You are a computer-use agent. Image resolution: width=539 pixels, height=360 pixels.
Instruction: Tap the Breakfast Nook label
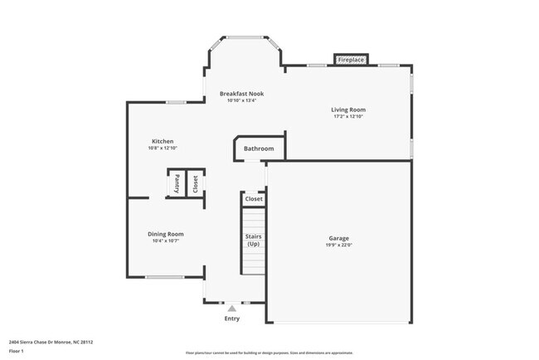[243, 94]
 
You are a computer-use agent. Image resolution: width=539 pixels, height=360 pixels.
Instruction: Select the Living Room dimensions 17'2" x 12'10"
[348, 117]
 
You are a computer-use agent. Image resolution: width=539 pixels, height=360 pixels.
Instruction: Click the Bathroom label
[259, 149]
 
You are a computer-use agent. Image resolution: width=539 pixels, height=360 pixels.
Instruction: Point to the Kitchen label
[163, 141]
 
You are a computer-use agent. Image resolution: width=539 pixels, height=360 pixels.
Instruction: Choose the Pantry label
[177, 184]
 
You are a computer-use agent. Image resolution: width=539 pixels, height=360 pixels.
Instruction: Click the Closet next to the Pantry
[196, 184]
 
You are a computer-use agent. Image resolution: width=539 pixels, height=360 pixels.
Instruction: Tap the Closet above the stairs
[254, 199]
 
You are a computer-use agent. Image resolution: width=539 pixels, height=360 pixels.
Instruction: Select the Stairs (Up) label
[253, 241]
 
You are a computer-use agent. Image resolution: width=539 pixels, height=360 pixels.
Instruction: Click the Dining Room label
[165, 234]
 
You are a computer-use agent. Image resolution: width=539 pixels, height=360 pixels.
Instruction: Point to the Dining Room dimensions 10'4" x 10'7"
[165, 241]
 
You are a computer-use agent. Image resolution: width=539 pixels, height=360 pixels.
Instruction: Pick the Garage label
[338, 238]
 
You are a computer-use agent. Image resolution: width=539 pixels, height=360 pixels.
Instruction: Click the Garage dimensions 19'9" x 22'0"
[338, 246]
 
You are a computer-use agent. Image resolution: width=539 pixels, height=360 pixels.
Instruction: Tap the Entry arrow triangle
[232, 308]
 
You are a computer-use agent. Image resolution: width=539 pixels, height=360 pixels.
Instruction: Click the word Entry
[232, 319]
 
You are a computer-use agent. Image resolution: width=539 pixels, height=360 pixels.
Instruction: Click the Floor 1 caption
[17, 351]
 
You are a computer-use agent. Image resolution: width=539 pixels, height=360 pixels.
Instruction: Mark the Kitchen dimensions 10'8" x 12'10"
[163, 148]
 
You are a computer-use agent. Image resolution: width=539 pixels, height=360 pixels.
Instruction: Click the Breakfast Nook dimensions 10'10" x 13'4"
[243, 101]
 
